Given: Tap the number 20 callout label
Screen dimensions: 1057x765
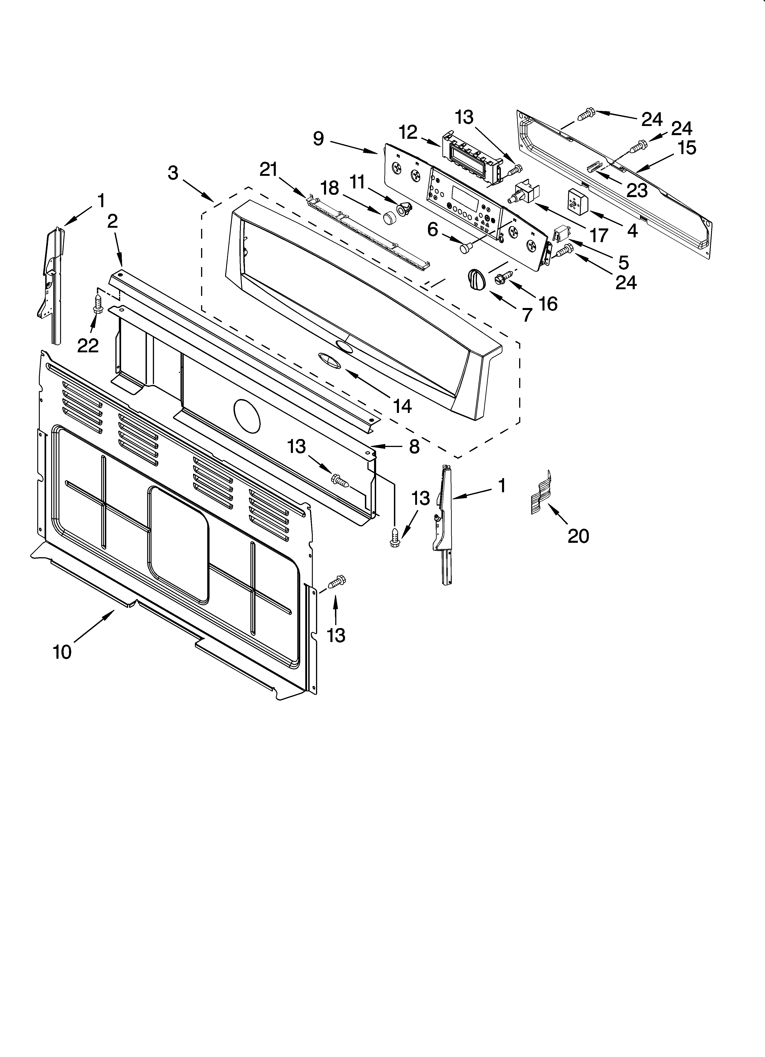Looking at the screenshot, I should [578, 536].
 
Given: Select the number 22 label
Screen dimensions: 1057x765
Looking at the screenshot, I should [88, 345].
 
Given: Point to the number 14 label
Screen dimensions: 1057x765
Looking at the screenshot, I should [402, 406].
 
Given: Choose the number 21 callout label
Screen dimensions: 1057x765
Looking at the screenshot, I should [268, 170].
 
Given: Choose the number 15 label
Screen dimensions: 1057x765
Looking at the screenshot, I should [687, 148].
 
